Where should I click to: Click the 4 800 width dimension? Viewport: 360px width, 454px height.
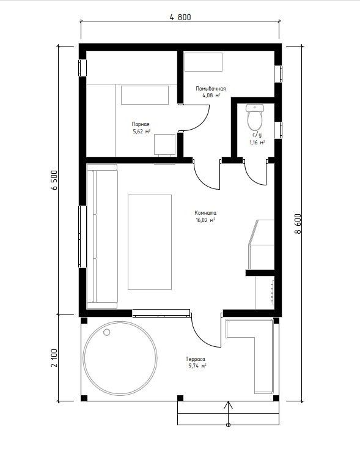coord(180,17)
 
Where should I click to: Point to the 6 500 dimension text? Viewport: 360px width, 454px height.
coord(54,180)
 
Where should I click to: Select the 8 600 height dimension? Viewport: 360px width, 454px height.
coord(298,224)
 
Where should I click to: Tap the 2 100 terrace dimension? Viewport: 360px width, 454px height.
coord(54,358)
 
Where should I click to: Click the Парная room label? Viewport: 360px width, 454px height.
coord(141,124)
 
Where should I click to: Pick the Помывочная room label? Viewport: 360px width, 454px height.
coord(210,89)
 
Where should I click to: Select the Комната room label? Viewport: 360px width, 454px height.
coord(205,213)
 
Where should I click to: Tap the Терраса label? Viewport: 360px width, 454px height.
coord(196,359)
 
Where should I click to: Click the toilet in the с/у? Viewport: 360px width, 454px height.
coord(255,117)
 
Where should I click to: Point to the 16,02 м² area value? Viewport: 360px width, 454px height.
coord(205,220)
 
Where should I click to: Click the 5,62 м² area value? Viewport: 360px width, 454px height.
coord(141,132)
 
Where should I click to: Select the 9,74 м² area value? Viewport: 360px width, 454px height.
coord(197,366)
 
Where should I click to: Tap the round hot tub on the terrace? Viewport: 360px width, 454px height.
coord(120,358)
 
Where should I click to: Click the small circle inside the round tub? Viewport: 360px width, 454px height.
coord(107,332)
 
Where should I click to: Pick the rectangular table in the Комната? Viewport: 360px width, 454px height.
coord(150,242)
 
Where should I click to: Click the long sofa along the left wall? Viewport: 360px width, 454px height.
coord(102,237)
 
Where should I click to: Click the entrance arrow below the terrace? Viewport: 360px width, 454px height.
coord(229,414)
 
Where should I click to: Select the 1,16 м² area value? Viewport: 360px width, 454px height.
coord(257,143)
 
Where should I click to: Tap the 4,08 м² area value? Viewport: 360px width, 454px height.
coord(211,95)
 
